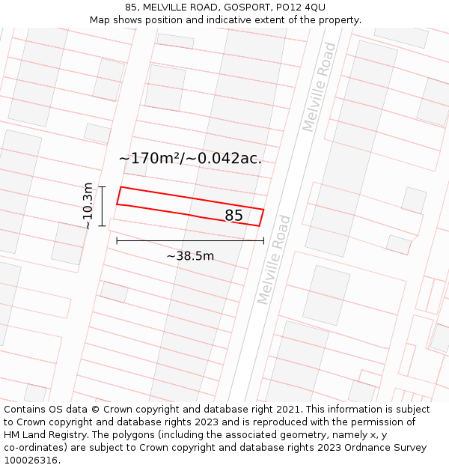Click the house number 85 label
233,216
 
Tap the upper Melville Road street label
320,88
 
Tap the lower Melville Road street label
273,260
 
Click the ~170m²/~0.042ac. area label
190,158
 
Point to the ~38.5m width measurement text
190,256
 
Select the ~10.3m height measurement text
88,206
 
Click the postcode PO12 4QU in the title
301,7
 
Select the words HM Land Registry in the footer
40,435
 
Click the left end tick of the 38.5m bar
117,240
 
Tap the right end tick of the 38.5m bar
263,240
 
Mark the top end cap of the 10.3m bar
103,186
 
